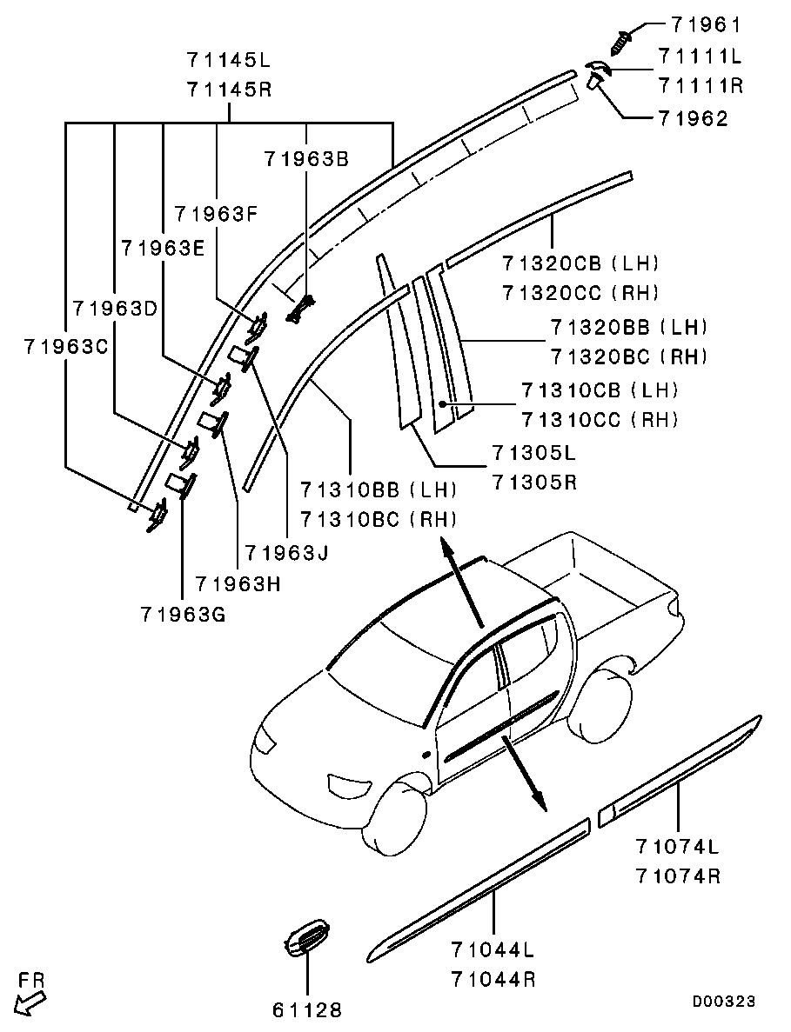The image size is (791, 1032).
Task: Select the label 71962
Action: tap(693, 118)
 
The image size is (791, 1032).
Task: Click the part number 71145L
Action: tap(229, 60)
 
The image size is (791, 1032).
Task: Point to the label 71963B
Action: tap(307, 158)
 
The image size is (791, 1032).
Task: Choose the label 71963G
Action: tap(182, 615)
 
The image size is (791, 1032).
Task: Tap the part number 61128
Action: tap(306, 1009)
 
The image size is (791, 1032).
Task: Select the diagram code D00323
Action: tap(723, 1002)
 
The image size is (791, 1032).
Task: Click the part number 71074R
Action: tap(678, 876)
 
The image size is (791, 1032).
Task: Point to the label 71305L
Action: tap(533, 453)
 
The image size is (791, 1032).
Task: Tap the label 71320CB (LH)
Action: tap(580, 263)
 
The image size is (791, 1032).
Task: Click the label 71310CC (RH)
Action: tap(600, 420)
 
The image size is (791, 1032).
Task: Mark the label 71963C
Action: tap(65, 345)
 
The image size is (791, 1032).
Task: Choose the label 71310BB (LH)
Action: tap(379, 490)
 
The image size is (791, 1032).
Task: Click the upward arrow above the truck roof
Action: tap(459, 581)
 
